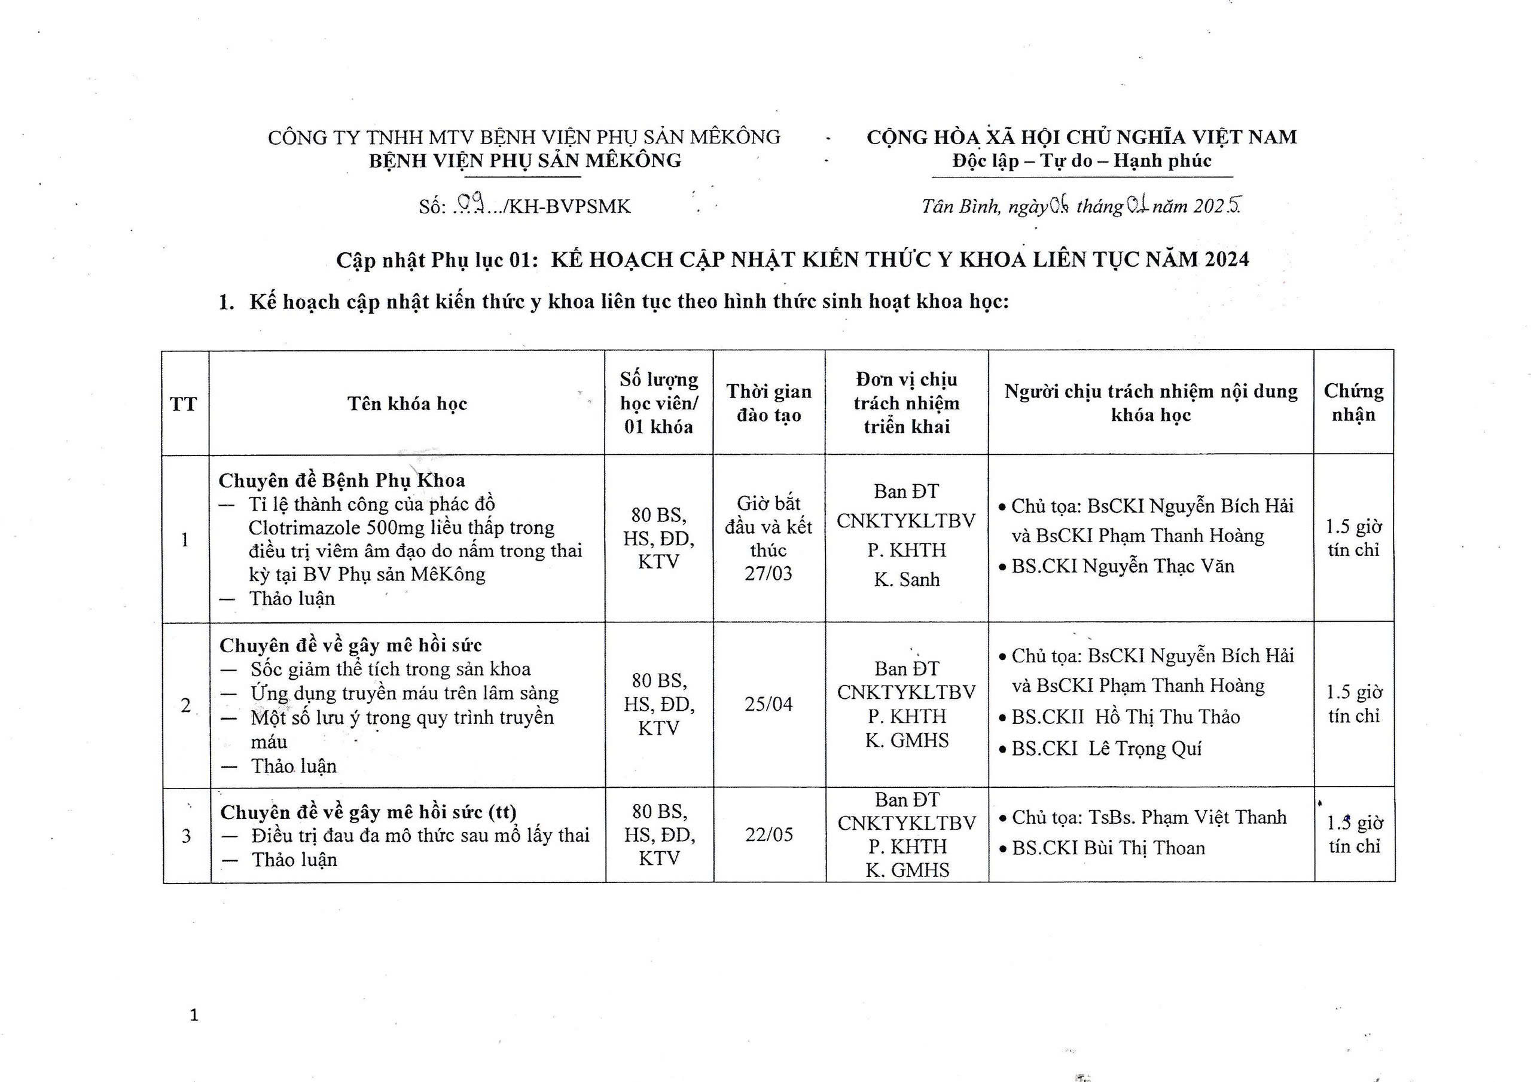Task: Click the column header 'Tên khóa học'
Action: tap(407, 404)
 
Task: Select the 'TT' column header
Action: tap(184, 404)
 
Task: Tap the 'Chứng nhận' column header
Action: tap(1353, 403)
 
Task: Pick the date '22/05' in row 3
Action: tap(769, 835)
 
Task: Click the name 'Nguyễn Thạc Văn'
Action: tap(1158, 566)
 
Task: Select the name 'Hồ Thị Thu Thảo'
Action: tap(1167, 717)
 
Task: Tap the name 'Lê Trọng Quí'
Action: tap(1145, 748)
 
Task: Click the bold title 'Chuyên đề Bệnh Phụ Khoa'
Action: tap(341, 480)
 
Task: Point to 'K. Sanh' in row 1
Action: tap(906, 579)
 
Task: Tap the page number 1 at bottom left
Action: tap(194, 1015)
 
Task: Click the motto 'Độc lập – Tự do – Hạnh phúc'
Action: tap(1082, 161)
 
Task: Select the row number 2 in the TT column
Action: tap(185, 705)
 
